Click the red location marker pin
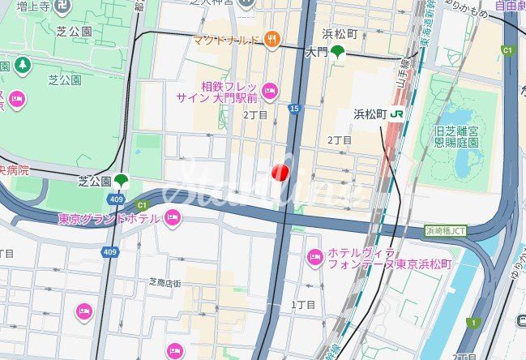[x=280, y=173]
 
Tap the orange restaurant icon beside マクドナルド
[x=272, y=38]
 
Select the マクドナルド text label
[x=226, y=39]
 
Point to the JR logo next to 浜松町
[x=397, y=114]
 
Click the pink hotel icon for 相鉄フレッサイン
[x=270, y=91]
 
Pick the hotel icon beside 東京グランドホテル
[x=172, y=216]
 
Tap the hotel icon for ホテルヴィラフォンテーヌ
[x=315, y=258]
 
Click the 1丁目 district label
[x=303, y=304]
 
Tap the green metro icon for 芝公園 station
[x=122, y=180]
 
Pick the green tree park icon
[x=22, y=63]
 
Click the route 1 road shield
[x=472, y=323]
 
